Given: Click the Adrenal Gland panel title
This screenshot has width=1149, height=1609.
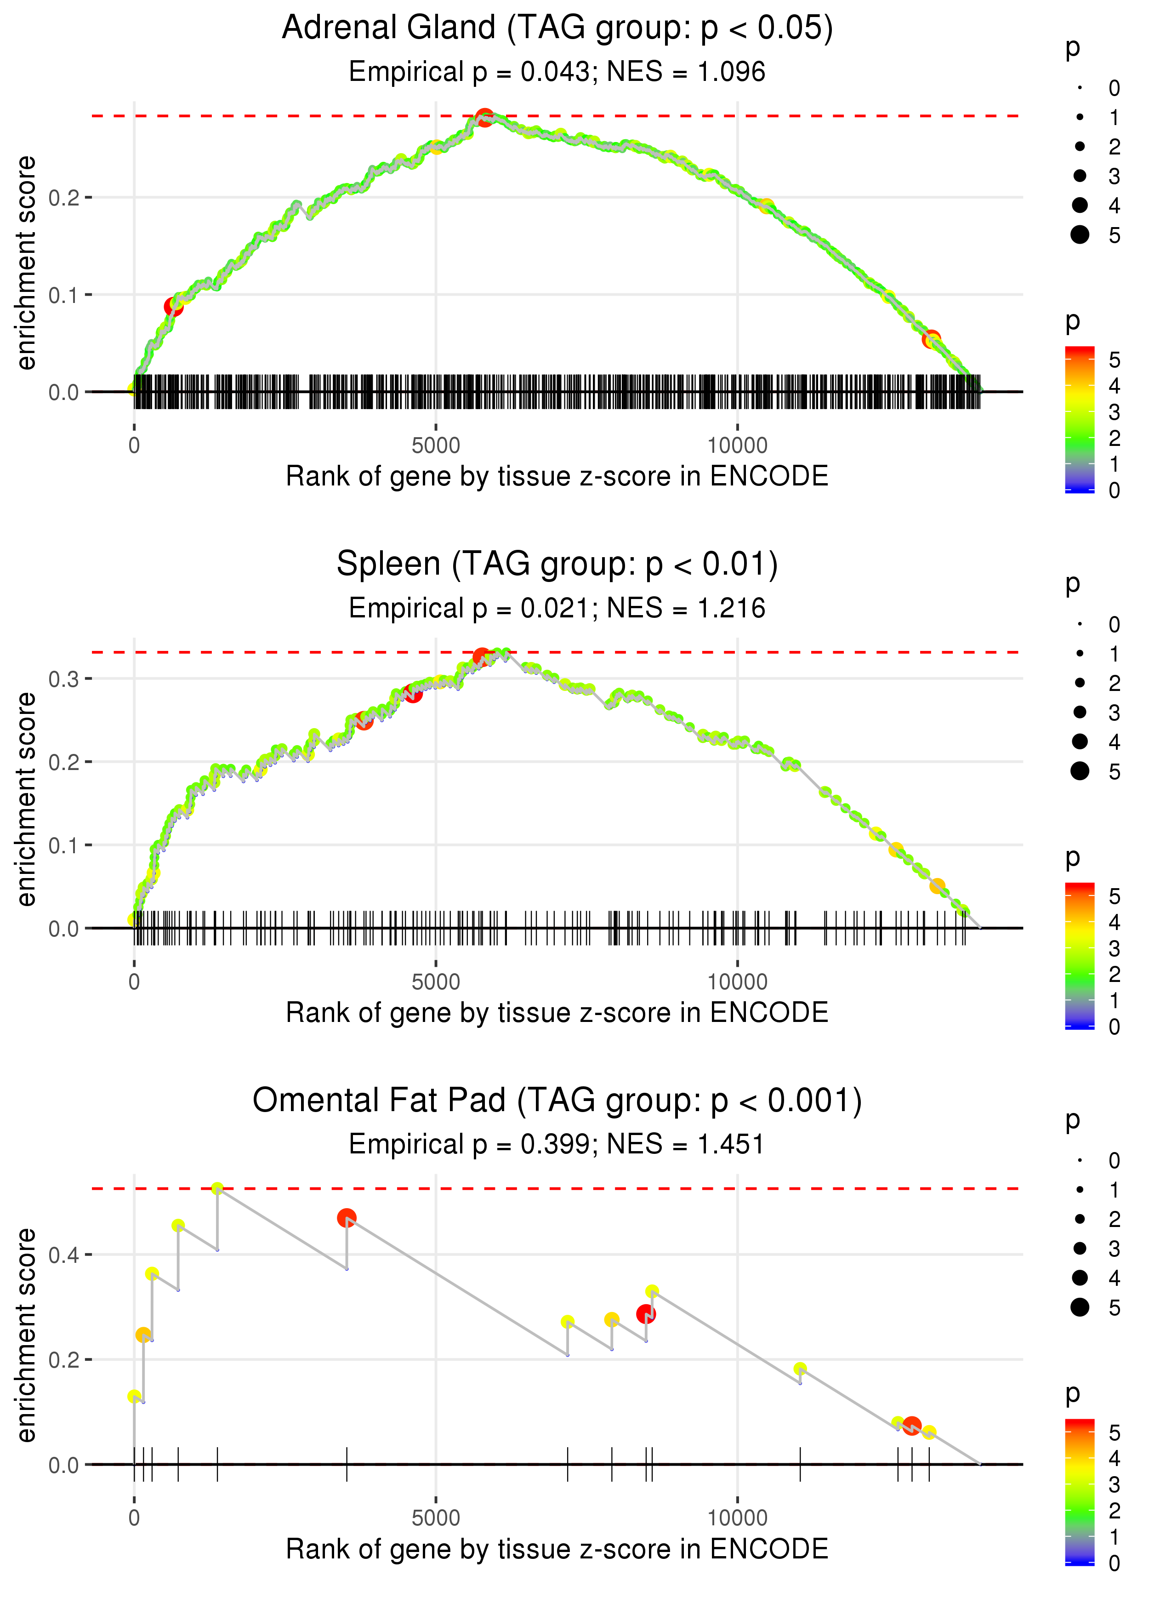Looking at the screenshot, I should click(557, 29).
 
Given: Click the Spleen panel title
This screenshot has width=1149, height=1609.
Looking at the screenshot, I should click(557, 565).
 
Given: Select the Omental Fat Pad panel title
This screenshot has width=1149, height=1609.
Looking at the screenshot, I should click(557, 1101).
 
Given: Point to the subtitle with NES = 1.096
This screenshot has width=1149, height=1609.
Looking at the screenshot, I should click(557, 72).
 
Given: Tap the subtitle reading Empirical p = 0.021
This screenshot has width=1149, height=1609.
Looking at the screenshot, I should click(557, 609).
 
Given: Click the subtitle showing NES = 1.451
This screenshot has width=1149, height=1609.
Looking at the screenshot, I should click(557, 1145).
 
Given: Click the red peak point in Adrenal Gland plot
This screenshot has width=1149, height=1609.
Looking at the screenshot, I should click(484, 117).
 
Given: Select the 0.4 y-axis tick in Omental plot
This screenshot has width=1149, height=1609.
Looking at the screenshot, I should click(64, 1255).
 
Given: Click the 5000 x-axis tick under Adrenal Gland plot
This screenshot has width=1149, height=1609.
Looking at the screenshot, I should click(436, 446).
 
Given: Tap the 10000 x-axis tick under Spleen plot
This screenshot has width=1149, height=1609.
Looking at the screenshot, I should click(737, 982).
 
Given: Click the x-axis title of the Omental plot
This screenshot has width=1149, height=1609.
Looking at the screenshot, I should click(557, 1549).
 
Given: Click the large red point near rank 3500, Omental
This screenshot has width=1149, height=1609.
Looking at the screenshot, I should click(347, 1218).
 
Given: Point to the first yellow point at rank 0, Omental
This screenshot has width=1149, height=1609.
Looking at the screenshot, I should click(134, 1396).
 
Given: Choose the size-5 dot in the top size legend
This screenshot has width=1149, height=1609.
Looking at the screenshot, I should click(1080, 234).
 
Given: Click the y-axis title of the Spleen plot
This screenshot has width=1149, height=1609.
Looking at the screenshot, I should click(27, 799).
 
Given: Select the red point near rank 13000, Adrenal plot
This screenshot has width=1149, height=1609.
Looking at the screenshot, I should click(931, 339).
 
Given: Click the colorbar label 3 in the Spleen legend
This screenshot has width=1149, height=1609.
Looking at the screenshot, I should click(1115, 948).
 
